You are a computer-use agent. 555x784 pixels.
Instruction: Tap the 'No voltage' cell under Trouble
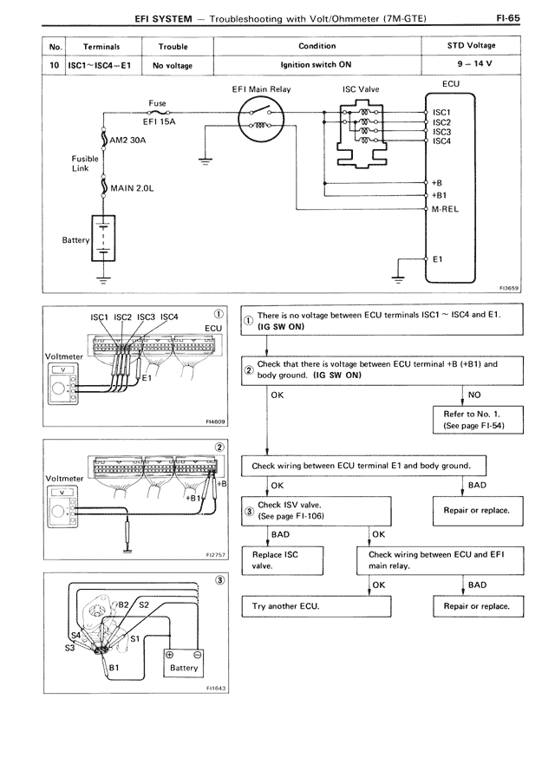pyautogui.click(x=173, y=65)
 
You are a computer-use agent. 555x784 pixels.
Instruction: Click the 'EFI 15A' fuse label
pyautogui.click(x=159, y=122)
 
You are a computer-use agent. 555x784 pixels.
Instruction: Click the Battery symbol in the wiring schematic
pyautogui.click(x=103, y=237)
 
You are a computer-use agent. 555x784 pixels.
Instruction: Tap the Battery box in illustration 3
pyautogui.click(x=184, y=663)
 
